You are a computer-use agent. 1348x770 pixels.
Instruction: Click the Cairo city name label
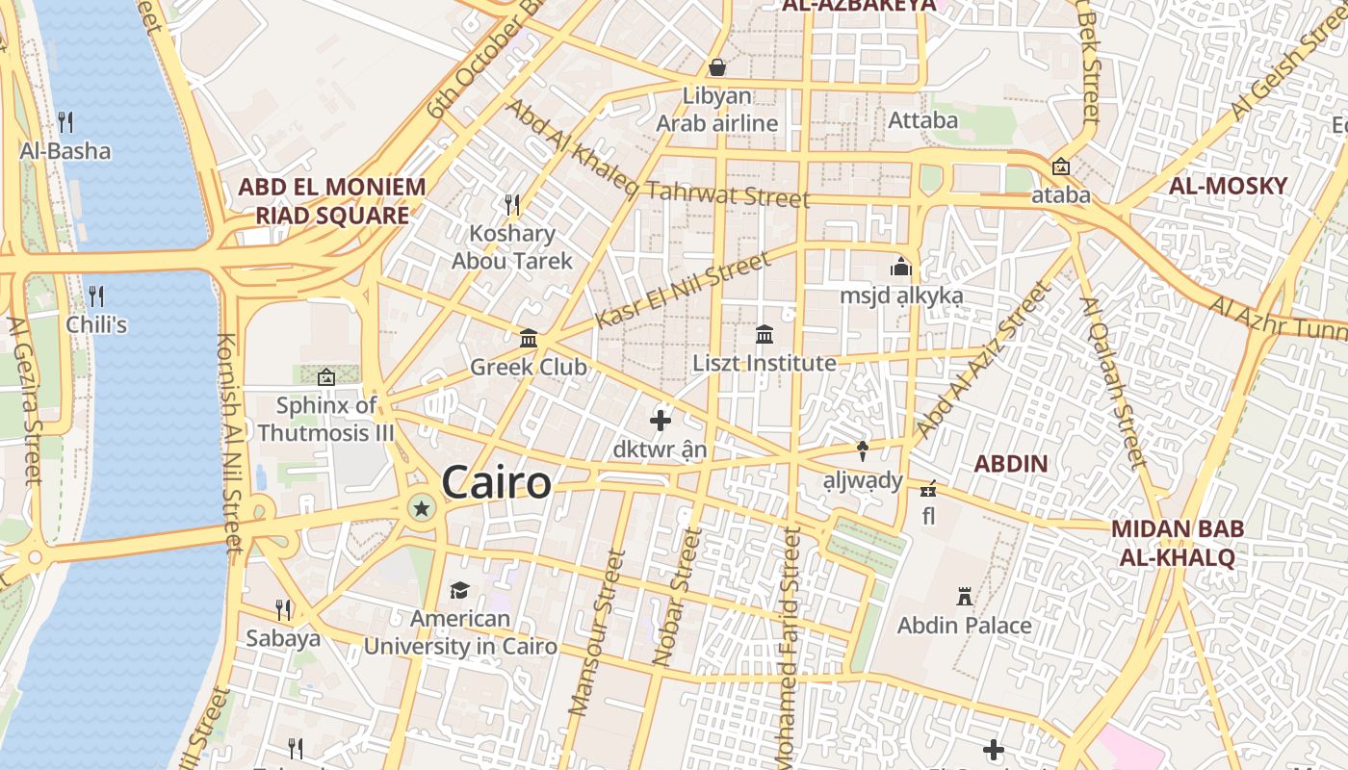pyautogui.click(x=497, y=482)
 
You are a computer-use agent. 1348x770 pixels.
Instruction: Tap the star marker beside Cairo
pyautogui.click(x=421, y=507)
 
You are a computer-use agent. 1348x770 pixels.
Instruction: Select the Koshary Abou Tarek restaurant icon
pyautogui.click(x=512, y=204)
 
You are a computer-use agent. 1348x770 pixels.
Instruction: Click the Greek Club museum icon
pyautogui.click(x=529, y=338)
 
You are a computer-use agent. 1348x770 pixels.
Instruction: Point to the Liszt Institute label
pyautogui.click(x=765, y=364)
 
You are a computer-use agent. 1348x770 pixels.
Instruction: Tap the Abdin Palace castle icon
pyautogui.click(x=965, y=597)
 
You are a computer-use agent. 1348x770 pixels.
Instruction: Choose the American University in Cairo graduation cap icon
pyautogui.click(x=459, y=590)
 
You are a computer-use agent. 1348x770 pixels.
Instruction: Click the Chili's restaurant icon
pyautogui.click(x=96, y=295)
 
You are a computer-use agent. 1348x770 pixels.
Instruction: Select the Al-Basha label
pyautogui.click(x=65, y=151)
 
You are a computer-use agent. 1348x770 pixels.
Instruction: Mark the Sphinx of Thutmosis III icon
pyautogui.click(x=325, y=376)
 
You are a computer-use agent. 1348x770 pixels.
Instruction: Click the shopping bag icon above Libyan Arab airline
pyautogui.click(x=717, y=67)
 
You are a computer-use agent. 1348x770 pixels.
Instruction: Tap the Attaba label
pyautogui.click(x=922, y=120)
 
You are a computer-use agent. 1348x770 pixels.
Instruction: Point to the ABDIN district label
pyautogui.click(x=1010, y=464)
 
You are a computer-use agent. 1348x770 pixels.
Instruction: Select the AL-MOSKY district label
pyautogui.click(x=1228, y=187)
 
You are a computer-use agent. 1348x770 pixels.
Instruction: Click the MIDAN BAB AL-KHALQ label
pyautogui.click(x=1178, y=543)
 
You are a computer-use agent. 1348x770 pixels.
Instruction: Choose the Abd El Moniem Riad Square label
pyautogui.click(x=332, y=200)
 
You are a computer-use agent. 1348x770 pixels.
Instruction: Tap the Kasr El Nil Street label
pyautogui.click(x=684, y=289)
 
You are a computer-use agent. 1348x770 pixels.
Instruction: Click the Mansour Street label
pyautogui.click(x=597, y=632)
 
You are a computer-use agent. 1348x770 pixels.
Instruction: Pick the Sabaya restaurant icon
pyautogui.click(x=283, y=609)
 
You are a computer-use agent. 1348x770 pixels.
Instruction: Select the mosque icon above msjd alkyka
pyautogui.click(x=901, y=267)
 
